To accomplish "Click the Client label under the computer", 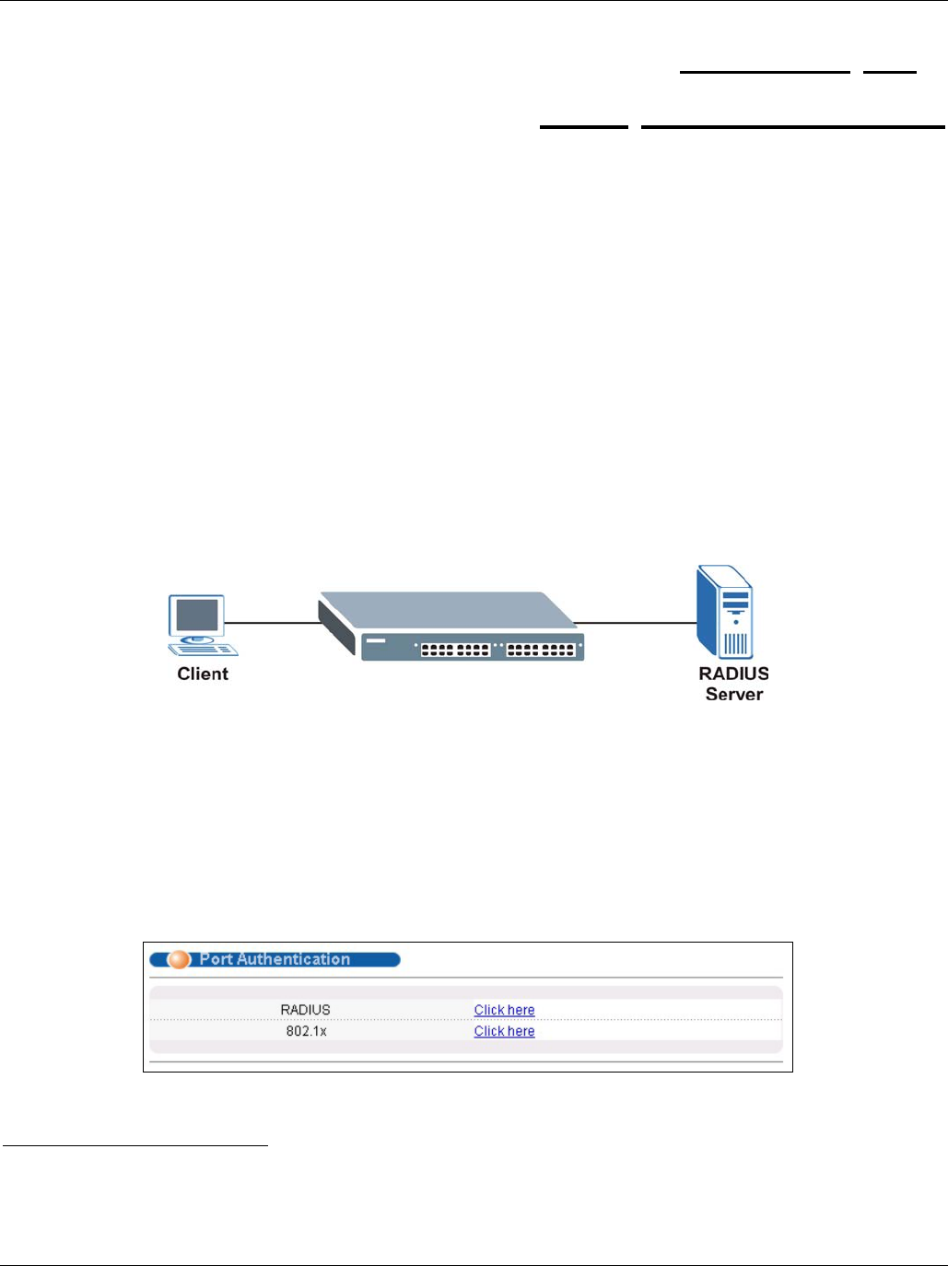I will coord(203,674).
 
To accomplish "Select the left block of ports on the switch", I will coord(455,650).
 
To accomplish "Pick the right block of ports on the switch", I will coord(541,650).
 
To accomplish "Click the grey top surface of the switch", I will coord(442,612).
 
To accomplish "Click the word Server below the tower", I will coord(734,695).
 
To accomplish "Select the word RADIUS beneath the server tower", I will coord(733,674).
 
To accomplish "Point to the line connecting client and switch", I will coord(273,623).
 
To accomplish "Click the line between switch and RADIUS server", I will coord(636,623).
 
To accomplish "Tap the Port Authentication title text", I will coord(275,959).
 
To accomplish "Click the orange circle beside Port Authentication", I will coord(179,959).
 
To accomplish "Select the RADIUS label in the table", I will coord(305,1010).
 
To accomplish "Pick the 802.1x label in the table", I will coord(306,1031).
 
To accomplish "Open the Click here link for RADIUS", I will coord(504,1010).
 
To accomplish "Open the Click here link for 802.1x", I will coord(504,1031).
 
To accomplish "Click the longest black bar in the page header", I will coord(792,126).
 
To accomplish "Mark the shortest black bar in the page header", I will coord(890,71).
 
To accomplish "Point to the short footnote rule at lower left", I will coord(135,1146).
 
